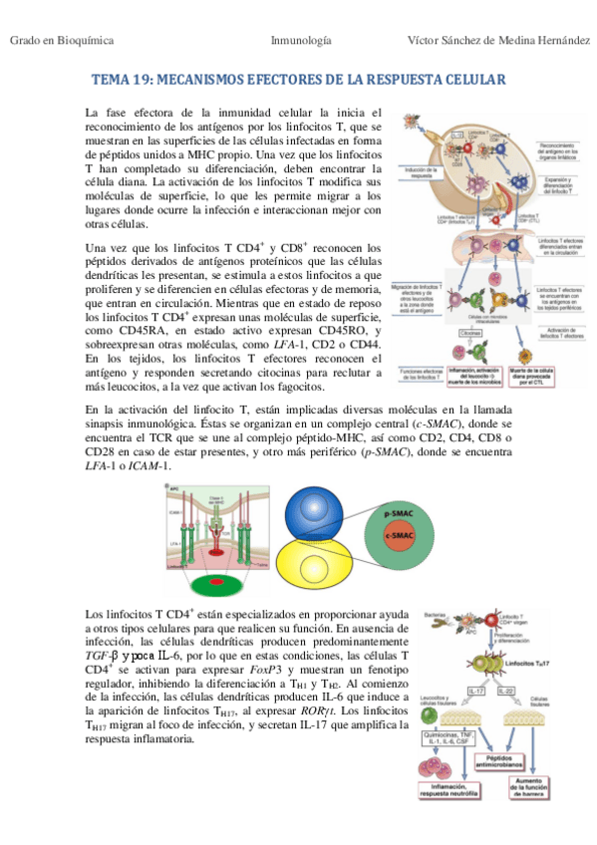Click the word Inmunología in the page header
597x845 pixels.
click(x=301, y=41)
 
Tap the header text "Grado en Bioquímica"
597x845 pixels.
click(x=62, y=41)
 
